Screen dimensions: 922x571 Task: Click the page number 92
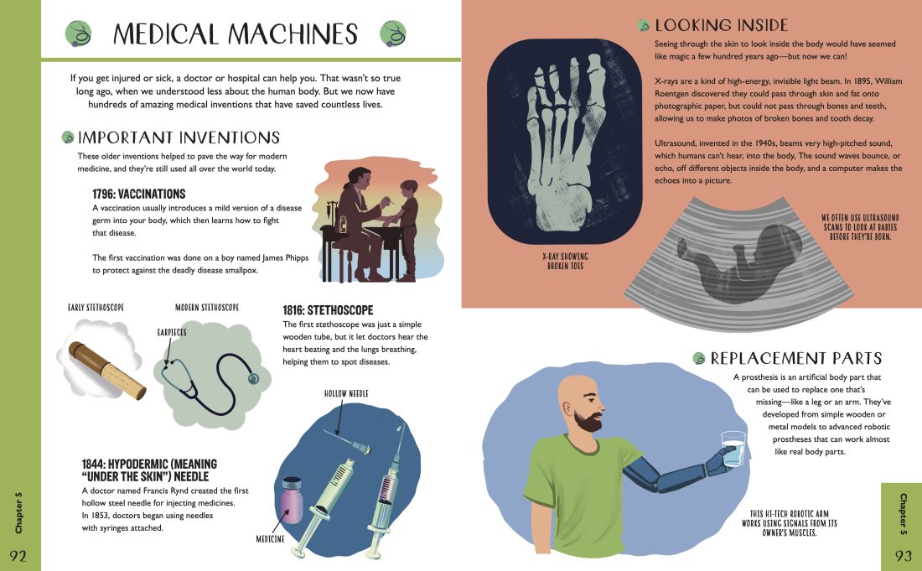tap(18, 556)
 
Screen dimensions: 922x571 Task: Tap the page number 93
tap(904, 556)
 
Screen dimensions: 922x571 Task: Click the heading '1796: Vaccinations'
tap(139, 194)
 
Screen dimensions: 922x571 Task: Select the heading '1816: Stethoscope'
tap(328, 310)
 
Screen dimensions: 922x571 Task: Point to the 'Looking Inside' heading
tap(721, 25)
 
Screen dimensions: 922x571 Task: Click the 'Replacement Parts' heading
tap(796, 358)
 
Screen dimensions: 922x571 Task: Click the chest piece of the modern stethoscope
tap(253, 378)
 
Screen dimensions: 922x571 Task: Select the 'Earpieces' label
tap(172, 332)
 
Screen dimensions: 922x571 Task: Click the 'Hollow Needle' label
tap(346, 393)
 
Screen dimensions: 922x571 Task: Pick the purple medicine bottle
tap(293, 501)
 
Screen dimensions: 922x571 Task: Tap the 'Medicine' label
tap(270, 538)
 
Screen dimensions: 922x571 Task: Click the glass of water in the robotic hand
tap(733, 449)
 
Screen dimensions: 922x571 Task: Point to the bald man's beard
tap(588, 419)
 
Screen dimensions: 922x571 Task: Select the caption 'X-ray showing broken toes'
tap(565, 261)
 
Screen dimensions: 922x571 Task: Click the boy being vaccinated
tap(407, 230)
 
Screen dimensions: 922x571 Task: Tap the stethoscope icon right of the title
tap(393, 34)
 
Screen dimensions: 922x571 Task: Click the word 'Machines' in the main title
tap(294, 34)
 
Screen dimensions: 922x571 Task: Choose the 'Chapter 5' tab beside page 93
tap(904, 515)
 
